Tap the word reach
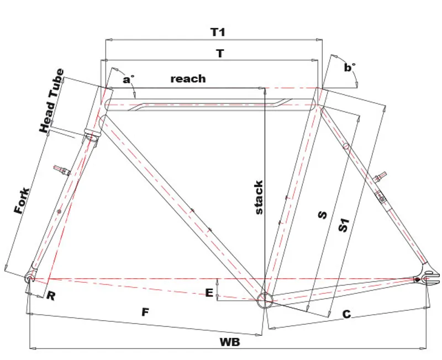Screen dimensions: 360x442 (188, 78)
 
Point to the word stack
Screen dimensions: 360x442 (258, 197)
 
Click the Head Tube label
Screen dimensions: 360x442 (52, 100)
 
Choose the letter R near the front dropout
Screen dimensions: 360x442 (51, 296)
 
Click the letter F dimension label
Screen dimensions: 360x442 (145, 312)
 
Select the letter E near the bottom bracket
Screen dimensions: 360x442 (209, 293)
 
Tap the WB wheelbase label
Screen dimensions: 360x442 (230, 342)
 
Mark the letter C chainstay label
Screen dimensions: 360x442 (346, 314)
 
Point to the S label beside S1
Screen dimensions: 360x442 (323, 215)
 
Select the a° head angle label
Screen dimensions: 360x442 (129, 80)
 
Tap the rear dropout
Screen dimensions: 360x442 (426, 279)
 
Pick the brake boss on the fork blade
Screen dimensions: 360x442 (62, 170)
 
